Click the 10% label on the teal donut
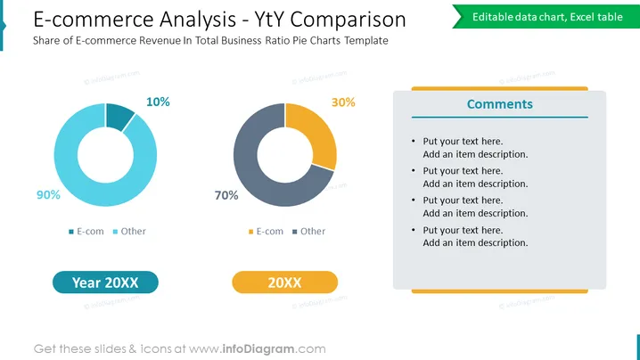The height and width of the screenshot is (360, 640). [158, 102]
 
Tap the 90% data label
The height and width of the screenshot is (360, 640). [48, 194]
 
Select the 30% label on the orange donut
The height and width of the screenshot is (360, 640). [343, 102]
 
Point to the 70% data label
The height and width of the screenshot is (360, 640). [226, 195]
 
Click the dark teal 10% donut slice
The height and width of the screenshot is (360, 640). [119, 116]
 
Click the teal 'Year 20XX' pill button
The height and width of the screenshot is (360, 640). [105, 282]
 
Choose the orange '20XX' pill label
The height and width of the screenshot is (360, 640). [285, 282]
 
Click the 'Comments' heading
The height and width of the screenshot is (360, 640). [499, 104]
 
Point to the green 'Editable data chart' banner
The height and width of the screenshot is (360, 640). [546, 17]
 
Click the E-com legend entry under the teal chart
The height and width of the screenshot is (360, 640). [86, 232]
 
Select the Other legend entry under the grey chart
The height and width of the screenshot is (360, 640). [309, 232]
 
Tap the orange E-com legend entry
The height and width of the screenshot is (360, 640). [266, 232]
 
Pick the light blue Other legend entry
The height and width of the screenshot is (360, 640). [129, 232]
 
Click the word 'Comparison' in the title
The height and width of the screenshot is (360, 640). [349, 20]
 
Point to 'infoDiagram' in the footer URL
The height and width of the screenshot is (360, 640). [258, 349]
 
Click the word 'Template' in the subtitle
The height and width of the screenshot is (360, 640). [366, 40]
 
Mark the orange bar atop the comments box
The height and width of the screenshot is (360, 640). [499, 88]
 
